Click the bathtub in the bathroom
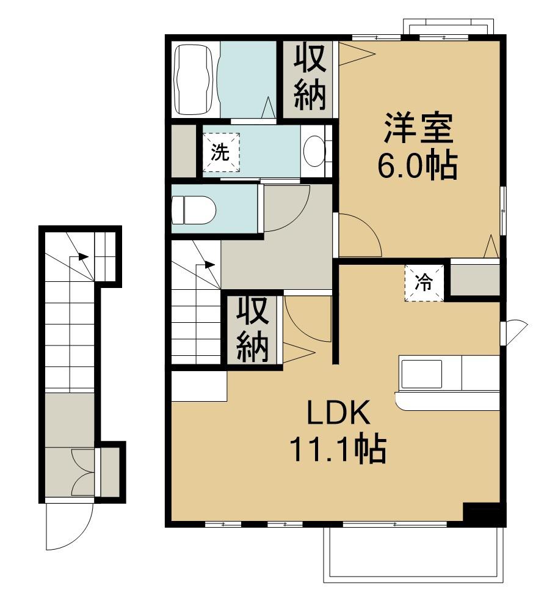coord(195,79)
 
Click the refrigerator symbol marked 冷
coord(424,283)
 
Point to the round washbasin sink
coord(314,150)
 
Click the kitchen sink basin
coord(421,374)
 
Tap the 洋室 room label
coord(418,130)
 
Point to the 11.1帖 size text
coord(338,450)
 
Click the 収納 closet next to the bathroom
coord(310,78)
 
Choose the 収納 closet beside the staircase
coord(253,330)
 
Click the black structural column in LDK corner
coord(484,514)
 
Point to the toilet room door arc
coord(287,211)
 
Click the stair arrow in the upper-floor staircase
coord(208,265)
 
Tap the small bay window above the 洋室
coord(448,29)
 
